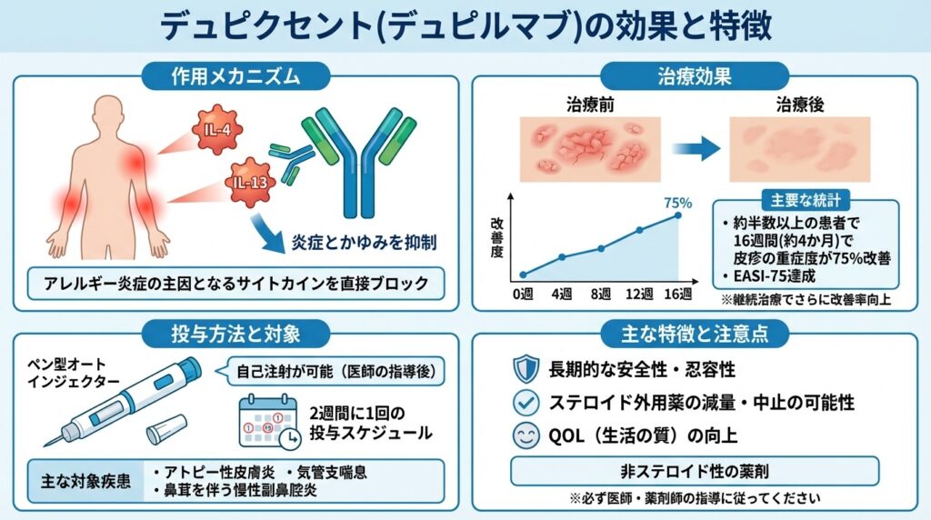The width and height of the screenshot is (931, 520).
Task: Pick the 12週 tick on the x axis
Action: pos(639,295)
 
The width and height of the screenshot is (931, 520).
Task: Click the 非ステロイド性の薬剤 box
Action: pos(695,471)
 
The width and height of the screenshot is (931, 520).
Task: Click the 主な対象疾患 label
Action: pos(82,479)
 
